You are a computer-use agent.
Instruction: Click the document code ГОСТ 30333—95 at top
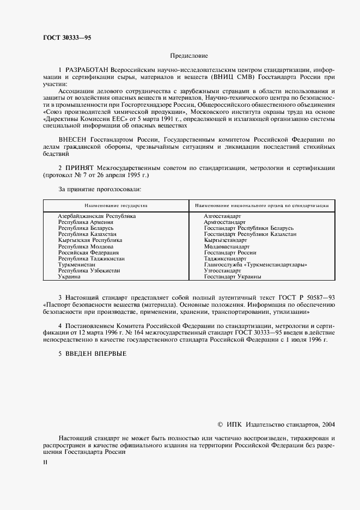click(x=67, y=38)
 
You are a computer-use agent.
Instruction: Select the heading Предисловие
click(x=189, y=56)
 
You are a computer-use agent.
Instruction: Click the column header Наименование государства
click(x=115, y=206)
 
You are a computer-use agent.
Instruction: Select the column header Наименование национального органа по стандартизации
click(x=261, y=206)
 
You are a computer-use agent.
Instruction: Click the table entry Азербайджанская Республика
click(x=96, y=216)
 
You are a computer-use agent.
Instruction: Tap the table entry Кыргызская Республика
click(x=90, y=240)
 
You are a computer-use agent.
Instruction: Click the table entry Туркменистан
click(x=77, y=264)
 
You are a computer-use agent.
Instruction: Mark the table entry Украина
click(x=69, y=277)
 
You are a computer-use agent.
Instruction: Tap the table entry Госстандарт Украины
click(x=232, y=277)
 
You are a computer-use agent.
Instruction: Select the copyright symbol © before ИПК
click(x=220, y=424)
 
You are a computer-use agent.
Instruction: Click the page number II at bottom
click(x=45, y=463)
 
